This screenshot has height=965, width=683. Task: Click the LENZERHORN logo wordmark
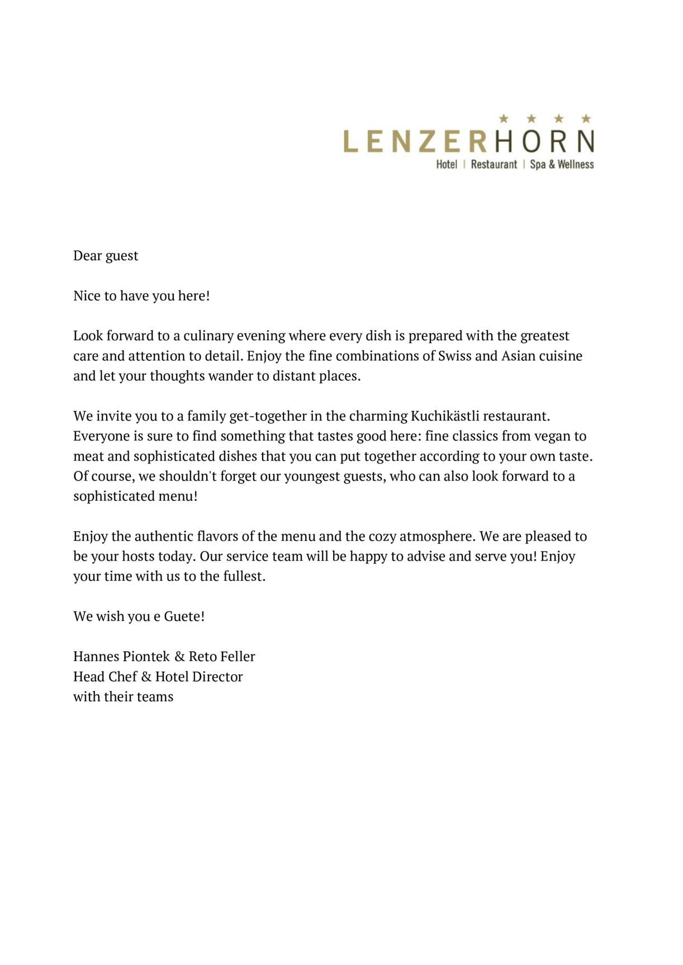coord(468,141)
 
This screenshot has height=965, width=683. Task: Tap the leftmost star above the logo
coord(504,118)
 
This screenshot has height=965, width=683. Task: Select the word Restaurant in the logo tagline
coord(494,165)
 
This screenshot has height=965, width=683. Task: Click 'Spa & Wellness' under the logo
coord(562,165)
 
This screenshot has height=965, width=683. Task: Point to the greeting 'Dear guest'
coord(106,256)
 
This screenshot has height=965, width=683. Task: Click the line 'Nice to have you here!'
coord(141,296)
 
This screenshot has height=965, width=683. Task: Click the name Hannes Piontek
coord(121,657)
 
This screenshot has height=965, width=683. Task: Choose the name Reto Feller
coord(221,657)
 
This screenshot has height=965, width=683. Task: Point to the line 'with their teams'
coord(123,697)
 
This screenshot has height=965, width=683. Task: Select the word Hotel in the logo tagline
coord(447,165)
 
